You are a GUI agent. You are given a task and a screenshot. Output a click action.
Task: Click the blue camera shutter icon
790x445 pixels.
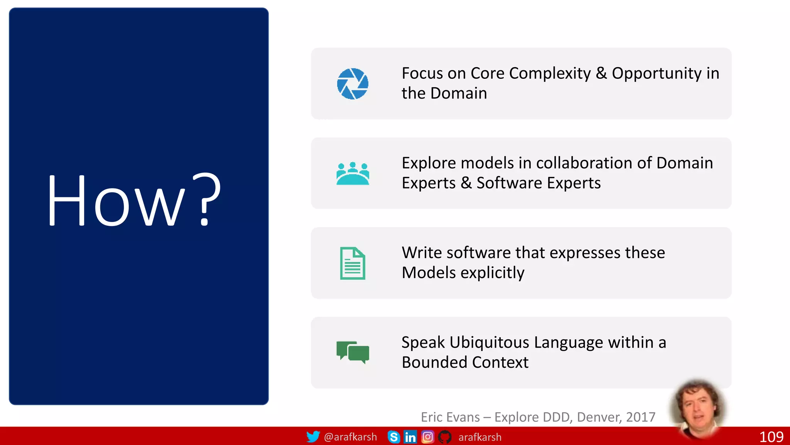[x=353, y=84]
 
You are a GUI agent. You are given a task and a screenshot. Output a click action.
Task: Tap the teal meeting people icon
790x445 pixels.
[x=353, y=174]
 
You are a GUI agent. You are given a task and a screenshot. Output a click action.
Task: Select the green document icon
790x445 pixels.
[x=353, y=263]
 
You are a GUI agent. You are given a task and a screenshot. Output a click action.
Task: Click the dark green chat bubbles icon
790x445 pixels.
[x=353, y=352]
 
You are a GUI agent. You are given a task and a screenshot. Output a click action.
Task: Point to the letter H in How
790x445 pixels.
[x=66, y=200]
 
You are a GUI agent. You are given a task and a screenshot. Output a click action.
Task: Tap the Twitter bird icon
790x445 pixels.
[x=313, y=437]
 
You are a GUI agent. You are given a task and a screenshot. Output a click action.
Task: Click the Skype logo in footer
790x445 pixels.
[x=394, y=437]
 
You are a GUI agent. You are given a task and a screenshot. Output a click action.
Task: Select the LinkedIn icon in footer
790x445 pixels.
[x=410, y=437]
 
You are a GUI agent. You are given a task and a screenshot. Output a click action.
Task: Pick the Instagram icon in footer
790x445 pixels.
[x=427, y=437]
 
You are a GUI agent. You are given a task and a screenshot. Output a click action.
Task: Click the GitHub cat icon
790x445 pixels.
[x=444, y=437]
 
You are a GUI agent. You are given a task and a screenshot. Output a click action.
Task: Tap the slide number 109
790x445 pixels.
[x=771, y=437]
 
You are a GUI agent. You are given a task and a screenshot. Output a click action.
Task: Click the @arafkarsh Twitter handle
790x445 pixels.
[x=350, y=437]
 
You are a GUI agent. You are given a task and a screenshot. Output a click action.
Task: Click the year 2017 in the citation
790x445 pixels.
[x=641, y=417]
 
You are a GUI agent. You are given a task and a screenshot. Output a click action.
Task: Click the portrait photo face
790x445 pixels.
[x=697, y=409]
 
